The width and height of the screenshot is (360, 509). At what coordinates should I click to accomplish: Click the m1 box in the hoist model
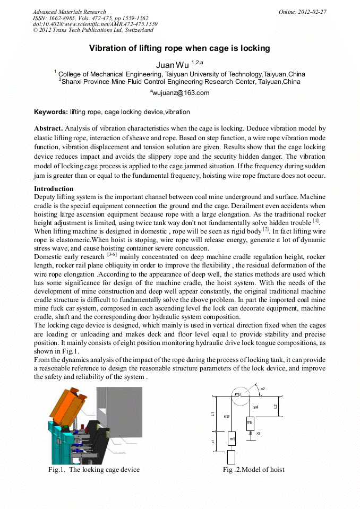pos(232,439)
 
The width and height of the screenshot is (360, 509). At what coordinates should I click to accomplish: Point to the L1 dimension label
pos(212,413)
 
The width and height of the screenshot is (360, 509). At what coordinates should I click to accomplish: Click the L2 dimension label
pos(275,407)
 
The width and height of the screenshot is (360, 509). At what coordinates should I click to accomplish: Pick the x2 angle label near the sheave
pos(263,389)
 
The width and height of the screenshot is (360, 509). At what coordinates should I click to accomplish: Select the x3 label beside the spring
pos(258,434)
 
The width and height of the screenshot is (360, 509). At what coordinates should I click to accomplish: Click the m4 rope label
pos(255,407)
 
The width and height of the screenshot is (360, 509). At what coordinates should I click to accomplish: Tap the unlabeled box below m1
pos(231,457)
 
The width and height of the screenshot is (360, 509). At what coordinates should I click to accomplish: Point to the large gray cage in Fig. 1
pos(122,414)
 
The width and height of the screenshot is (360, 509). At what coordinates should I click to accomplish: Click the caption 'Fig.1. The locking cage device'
pos(94,470)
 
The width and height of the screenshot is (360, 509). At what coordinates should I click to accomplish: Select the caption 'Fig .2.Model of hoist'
pos(254,470)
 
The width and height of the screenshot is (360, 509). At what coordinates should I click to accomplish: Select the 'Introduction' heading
pos(54,189)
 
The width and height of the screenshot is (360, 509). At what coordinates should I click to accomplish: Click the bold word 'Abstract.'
pos(49,128)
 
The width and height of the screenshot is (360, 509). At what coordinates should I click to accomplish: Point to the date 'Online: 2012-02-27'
pos(302,12)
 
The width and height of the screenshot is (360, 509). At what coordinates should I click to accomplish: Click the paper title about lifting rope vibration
pos(179,48)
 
